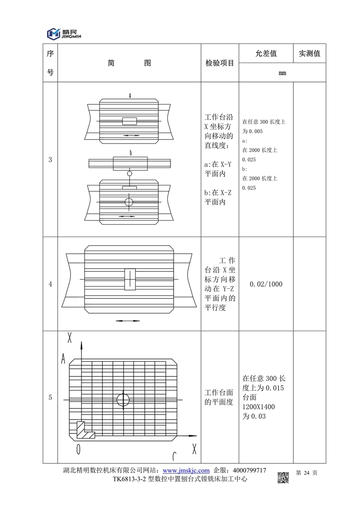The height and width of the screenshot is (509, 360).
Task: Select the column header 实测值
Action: coord(309,54)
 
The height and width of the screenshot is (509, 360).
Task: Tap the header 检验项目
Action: coord(220,63)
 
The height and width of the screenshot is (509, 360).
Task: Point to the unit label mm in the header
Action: coord(282,72)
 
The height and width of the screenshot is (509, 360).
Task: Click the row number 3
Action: coord(50,159)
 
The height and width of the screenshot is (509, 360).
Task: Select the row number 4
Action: coord(50,284)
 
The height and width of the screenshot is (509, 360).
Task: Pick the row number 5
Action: coord(50,397)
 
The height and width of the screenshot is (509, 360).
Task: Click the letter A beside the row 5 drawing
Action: coord(64,358)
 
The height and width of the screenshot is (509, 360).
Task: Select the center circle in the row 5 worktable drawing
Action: coord(122,399)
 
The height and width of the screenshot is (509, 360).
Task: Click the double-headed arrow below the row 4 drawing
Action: coord(125,321)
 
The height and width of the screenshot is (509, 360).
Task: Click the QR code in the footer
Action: coord(283,477)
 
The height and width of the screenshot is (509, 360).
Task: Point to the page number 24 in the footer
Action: coord(307,473)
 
